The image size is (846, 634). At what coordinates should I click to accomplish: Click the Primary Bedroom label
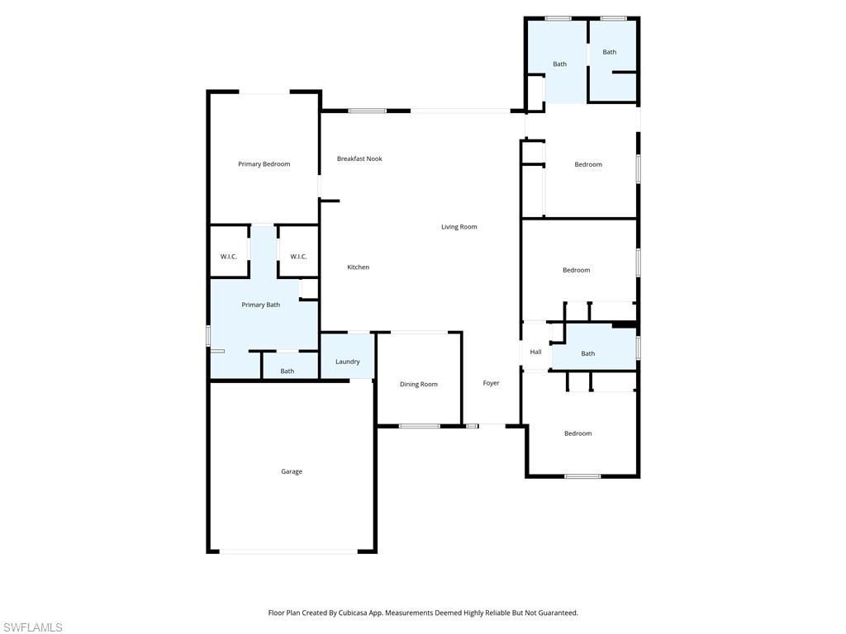point(264,164)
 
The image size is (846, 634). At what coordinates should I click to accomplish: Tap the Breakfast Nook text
point(359,158)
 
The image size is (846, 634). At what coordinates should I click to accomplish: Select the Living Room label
point(459,227)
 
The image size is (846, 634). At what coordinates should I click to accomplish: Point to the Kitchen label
point(358,267)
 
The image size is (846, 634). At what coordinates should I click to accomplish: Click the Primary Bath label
point(260,305)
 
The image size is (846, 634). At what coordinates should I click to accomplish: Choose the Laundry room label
point(347,362)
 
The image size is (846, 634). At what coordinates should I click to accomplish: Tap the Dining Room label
point(418,384)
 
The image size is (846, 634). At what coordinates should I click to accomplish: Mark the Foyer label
point(491,383)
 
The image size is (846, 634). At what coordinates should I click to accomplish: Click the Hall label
point(535,352)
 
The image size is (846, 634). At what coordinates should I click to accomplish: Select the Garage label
point(292,471)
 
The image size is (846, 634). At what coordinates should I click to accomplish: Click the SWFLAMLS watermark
point(32,627)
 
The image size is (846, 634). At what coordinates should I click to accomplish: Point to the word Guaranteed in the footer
point(556,613)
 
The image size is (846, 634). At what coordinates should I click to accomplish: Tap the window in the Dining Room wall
point(420,426)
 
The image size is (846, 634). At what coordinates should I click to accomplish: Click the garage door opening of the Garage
point(288,551)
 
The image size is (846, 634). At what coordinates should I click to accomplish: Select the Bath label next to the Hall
point(587,354)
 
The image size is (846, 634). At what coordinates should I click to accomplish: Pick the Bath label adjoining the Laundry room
point(287,371)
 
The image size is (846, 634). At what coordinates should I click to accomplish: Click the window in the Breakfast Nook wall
point(367,111)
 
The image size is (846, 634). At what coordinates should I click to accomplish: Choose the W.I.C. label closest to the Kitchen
point(298,257)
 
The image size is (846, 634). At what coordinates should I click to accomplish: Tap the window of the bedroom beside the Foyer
point(582,476)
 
